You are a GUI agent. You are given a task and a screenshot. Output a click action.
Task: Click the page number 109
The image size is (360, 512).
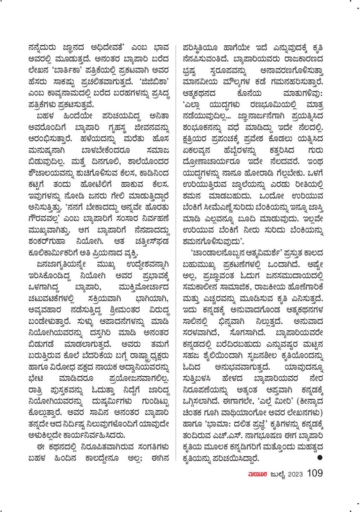pyautogui.click(x=315, y=473)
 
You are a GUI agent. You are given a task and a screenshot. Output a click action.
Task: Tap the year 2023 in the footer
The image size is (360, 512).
pyautogui.click(x=295, y=474)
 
